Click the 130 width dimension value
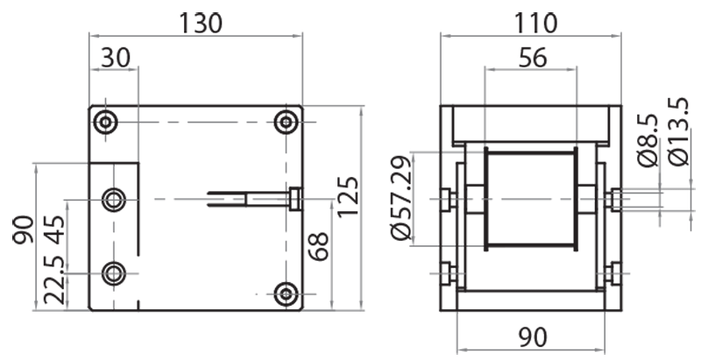(x=202, y=23)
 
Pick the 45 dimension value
(x=54, y=231)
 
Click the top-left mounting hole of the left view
(x=107, y=123)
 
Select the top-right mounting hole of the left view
(x=286, y=123)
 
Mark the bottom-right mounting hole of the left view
(x=286, y=294)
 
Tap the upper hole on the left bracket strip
(x=114, y=200)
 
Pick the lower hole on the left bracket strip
(x=114, y=274)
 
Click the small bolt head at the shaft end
(x=295, y=200)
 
